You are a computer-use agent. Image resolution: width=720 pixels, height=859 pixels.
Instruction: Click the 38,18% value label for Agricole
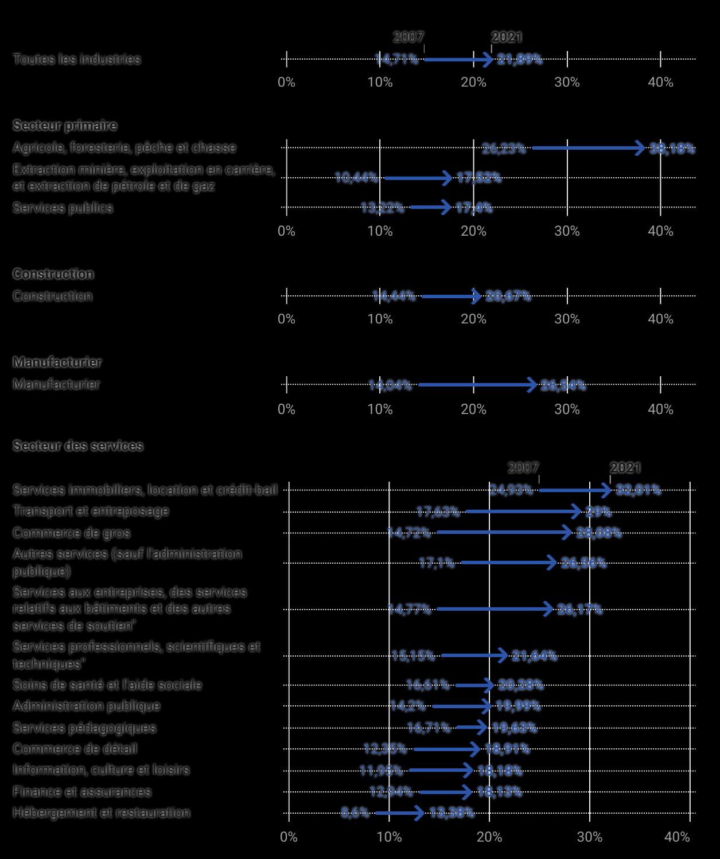click(672, 149)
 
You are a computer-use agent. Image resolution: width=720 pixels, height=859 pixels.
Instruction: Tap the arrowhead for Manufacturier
click(533, 385)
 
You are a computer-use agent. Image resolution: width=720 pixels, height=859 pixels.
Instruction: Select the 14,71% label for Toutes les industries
click(396, 59)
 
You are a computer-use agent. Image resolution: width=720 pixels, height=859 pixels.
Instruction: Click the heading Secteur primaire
click(65, 126)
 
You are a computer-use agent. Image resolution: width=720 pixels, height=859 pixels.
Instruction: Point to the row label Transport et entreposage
click(91, 511)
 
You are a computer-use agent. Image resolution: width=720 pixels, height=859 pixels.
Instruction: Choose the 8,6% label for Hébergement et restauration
click(355, 813)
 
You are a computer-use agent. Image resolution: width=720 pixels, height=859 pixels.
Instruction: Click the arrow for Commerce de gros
click(504, 533)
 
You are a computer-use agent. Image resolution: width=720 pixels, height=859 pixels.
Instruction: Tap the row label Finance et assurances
click(82, 792)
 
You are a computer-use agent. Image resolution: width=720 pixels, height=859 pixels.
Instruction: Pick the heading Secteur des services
click(78, 446)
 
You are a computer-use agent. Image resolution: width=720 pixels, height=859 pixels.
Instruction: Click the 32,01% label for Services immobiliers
click(638, 490)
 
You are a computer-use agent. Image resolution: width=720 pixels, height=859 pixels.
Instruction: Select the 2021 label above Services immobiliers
click(625, 468)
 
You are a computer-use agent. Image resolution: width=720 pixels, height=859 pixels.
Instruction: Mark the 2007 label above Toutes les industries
click(408, 37)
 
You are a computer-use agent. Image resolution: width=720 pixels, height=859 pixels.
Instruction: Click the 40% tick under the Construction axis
click(660, 319)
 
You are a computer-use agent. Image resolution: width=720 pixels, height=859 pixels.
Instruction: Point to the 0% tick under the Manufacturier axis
click(286, 409)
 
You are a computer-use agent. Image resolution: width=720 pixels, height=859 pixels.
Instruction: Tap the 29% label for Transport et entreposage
click(598, 512)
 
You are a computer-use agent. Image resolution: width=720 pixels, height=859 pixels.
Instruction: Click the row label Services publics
click(63, 208)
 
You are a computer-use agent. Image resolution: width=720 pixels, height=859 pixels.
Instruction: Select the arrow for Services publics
click(430, 207)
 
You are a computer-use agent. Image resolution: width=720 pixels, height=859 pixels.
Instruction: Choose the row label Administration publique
click(87, 706)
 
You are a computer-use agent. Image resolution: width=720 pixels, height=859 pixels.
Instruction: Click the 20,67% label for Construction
click(508, 296)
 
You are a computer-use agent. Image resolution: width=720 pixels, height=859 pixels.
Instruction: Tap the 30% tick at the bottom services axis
click(590, 837)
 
